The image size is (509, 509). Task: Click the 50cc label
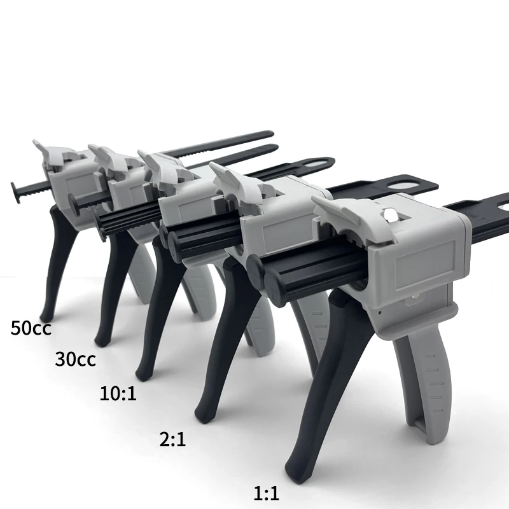point(31,328)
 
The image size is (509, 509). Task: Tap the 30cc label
point(75,359)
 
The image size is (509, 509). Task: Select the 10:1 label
point(118,393)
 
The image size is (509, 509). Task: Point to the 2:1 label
point(172,439)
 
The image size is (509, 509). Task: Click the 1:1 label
point(266,494)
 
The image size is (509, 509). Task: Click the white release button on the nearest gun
point(390,214)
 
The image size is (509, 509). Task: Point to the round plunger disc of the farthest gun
point(15,193)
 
